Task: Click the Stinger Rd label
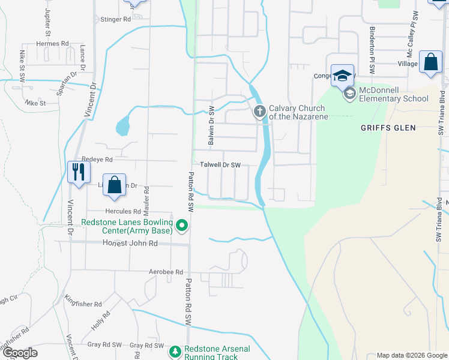(x=116, y=19)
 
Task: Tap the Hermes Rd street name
(x=52, y=44)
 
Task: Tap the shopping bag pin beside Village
(x=430, y=62)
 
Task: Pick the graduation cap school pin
(x=342, y=76)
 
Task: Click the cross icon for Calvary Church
(x=260, y=111)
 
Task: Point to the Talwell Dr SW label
(x=220, y=165)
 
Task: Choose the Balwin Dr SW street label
(x=211, y=126)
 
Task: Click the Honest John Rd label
(x=130, y=243)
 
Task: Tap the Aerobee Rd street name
(x=166, y=272)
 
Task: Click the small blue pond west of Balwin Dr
(x=122, y=125)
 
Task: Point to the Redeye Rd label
(x=97, y=160)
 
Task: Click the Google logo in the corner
(x=20, y=353)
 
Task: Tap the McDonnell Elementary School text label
(x=394, y=95)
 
